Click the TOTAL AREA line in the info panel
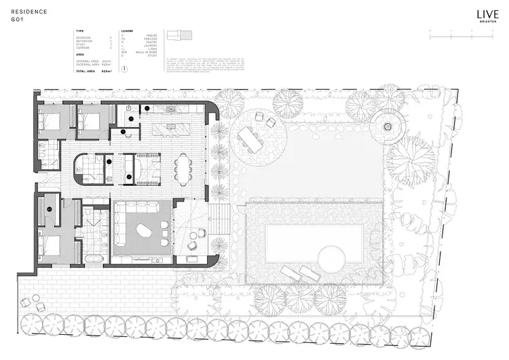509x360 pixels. [94, 71]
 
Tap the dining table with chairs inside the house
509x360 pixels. [183, 168]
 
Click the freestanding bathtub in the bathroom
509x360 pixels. [94, 259]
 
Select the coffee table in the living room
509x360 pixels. [144, 232]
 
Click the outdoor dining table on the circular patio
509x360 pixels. [250, 140]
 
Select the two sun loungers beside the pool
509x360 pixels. [301, 274]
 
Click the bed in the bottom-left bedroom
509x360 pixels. [50, 245]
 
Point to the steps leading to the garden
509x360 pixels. [220, 220]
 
